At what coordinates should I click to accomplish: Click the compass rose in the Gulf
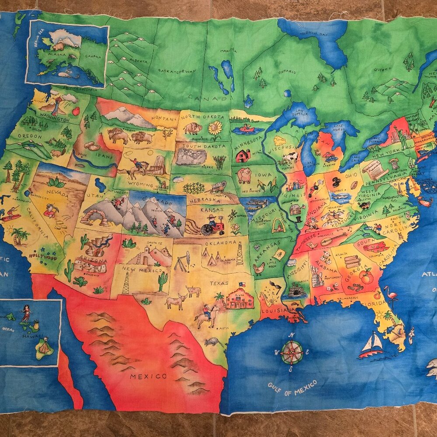pos(291,352)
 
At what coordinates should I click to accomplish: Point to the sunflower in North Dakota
pos(215,128)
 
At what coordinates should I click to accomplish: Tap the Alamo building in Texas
pos(239,299)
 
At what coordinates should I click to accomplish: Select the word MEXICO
pos(148,376)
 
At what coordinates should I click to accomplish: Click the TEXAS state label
pos(219,283)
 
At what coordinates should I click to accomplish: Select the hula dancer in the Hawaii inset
pos(27,314)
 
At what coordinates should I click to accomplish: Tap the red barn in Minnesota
pos(243,155)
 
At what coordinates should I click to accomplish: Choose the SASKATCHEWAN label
pos(177,70)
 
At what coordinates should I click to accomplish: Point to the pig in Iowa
pos(244,175)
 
